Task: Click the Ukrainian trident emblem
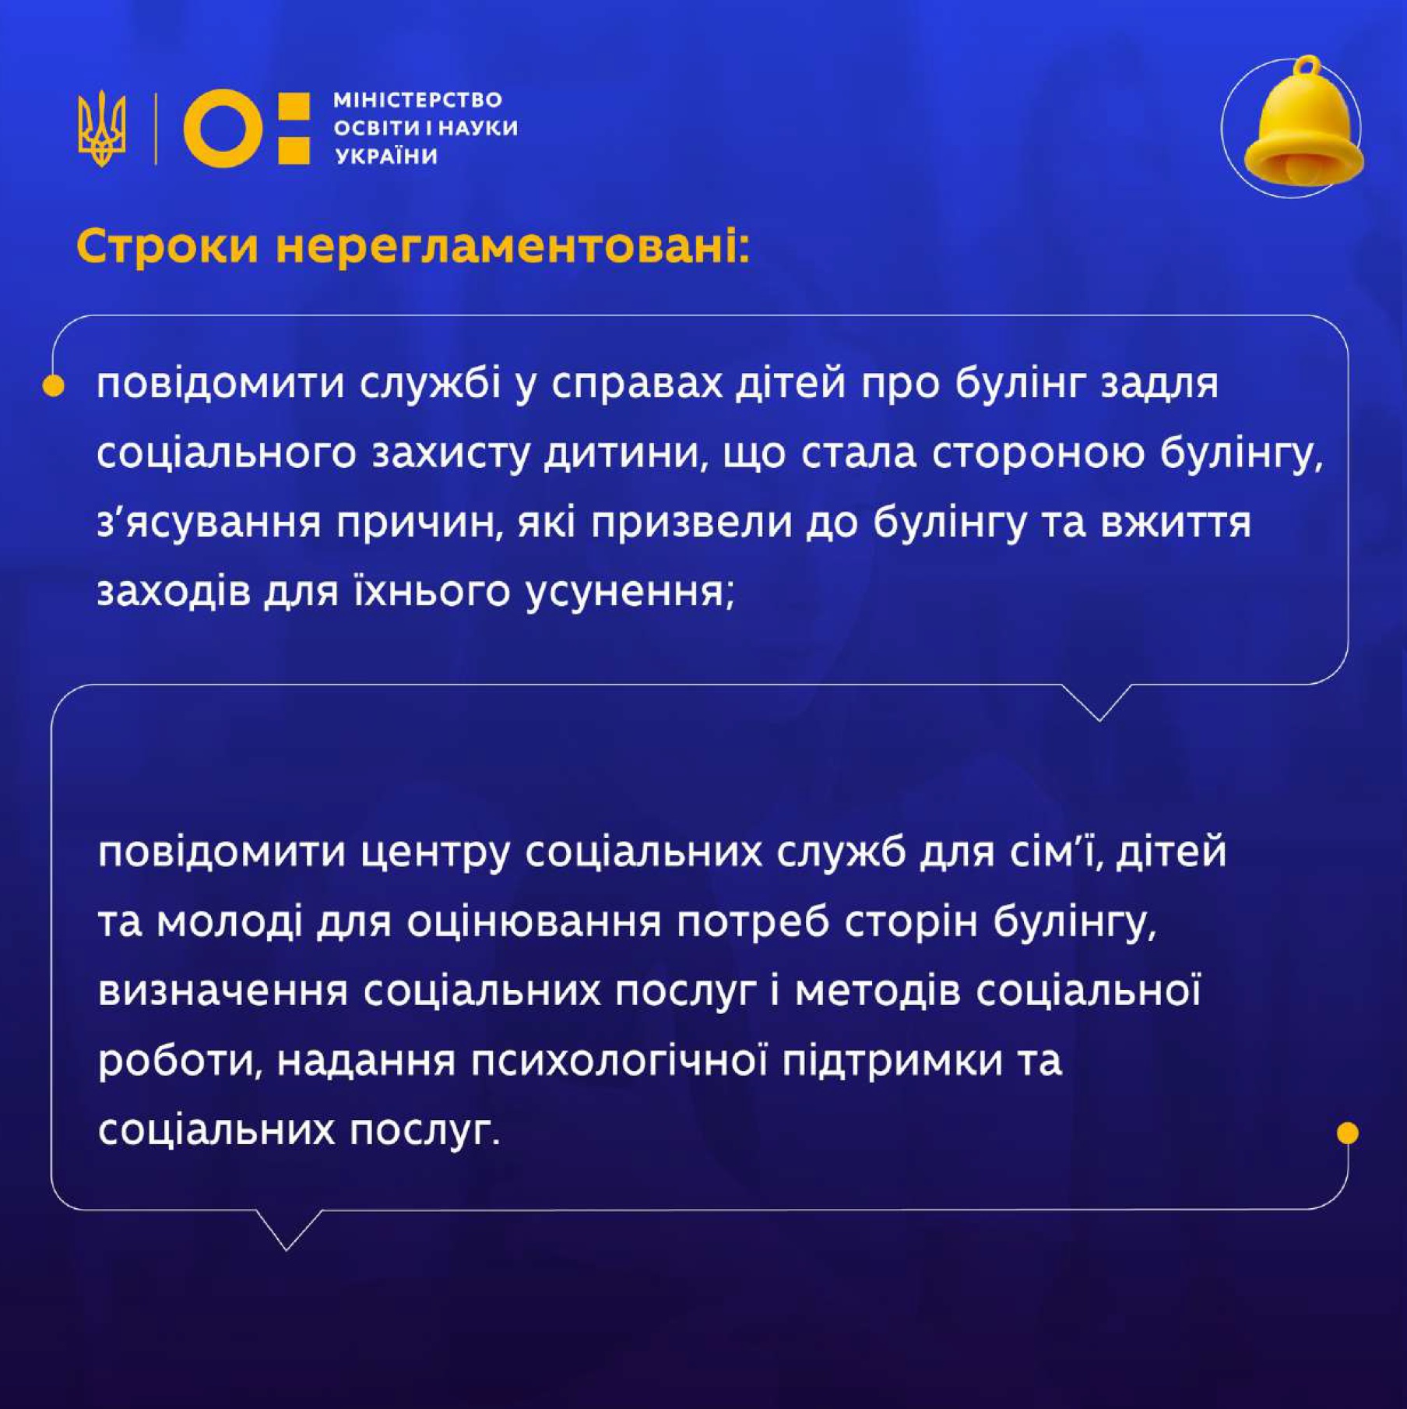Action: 101,129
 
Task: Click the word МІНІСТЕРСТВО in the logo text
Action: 417,100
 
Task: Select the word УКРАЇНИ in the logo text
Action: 386,156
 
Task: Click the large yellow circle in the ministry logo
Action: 223,129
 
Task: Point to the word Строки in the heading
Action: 167,248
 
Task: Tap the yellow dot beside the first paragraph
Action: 53,386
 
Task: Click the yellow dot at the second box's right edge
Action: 1347,1132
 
